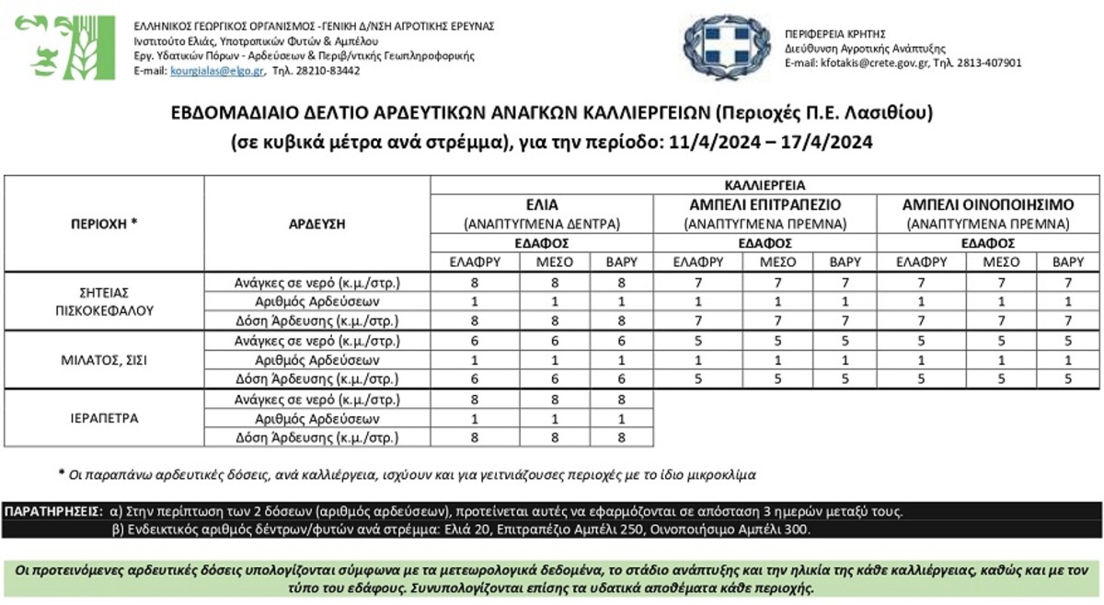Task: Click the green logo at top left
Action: click(63, 47)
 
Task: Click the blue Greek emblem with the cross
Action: click(726, 47)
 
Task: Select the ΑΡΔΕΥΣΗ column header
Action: click(316, 223)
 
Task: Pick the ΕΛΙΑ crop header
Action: click(541, 204)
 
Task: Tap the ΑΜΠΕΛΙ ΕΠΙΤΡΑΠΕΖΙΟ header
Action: click(765, 204)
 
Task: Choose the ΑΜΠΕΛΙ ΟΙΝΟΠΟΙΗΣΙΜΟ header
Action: click(987, 204)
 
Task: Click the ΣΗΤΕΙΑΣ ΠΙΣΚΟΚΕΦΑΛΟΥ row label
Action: click(104, 301)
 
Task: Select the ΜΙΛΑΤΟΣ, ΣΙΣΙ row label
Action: click(104, 360)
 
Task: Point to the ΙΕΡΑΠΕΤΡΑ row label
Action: click(104, 418)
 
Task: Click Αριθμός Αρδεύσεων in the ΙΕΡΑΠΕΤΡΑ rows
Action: click(316, 419)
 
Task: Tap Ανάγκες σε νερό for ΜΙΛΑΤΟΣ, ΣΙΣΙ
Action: click(316, 341)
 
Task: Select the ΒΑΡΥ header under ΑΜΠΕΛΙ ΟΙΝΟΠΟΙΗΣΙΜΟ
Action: click(1067, 262)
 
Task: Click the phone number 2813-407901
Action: click(990, 64)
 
